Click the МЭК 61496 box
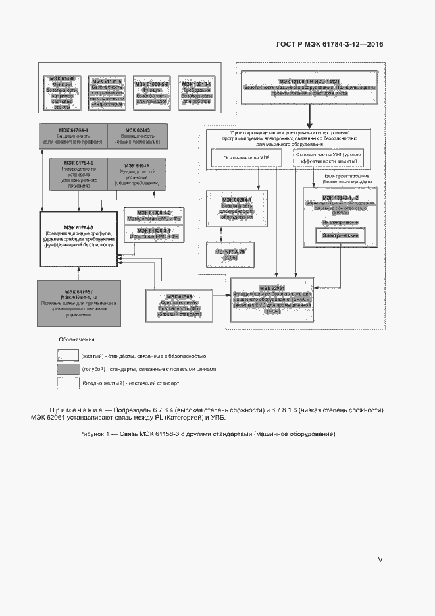pos(62,91)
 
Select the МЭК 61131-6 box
pos(107,91)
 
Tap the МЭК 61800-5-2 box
pos(152,91)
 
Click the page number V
pos(380,559)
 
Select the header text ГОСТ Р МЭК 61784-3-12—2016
pos(326,45)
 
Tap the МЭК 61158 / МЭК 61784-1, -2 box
pos(79,302)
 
